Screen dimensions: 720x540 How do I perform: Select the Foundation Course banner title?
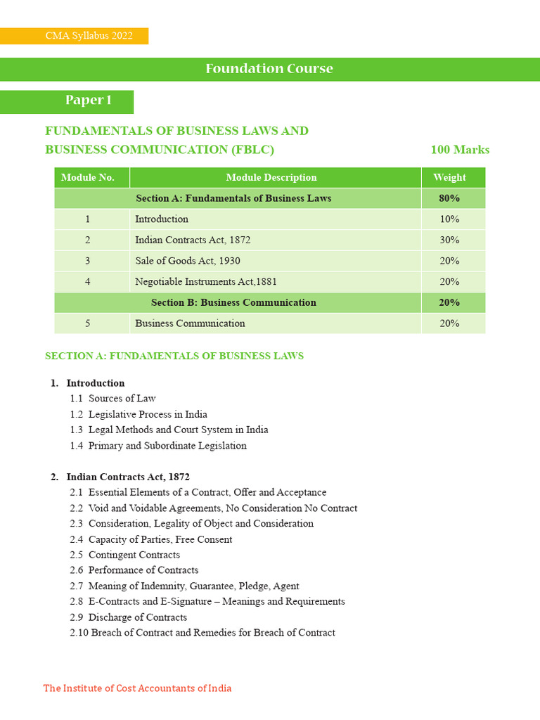coord(269,69)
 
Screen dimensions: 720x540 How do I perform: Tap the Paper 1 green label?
coord(89,101)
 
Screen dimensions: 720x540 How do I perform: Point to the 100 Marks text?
coord(460,150)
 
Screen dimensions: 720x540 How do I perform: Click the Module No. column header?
coord(88,178)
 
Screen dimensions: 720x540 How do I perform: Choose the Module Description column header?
coord(271,178)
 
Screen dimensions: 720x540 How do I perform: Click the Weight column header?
coord(449,178)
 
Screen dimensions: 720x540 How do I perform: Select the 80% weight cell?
coord(449,198)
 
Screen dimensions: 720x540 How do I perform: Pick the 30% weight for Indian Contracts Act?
coord(449,240)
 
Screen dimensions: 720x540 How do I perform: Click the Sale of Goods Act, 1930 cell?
coord(188,261)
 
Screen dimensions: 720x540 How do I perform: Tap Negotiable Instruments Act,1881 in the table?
coord(206,282)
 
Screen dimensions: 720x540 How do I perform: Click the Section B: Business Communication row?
coord(233,302)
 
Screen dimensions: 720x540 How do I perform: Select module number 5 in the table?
coord(88,323)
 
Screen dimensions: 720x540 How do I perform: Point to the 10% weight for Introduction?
coord(449,219)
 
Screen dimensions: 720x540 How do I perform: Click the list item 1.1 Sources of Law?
coord(113,399)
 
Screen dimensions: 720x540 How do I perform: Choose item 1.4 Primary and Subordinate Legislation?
coord(158,446)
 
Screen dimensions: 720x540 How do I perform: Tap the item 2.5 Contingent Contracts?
coord(125,555)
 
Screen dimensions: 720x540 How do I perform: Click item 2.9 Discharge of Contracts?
coord(129,617)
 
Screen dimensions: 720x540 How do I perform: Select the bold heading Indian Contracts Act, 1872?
coord(128,477)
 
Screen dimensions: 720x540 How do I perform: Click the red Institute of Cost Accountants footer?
coord(137,688)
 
